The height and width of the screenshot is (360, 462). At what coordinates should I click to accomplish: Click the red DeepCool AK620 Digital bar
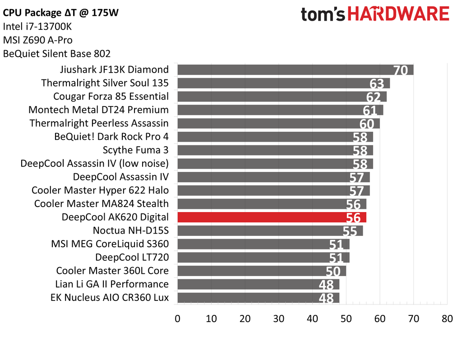[272, 217]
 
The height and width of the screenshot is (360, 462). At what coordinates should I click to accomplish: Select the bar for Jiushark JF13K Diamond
[295, 69]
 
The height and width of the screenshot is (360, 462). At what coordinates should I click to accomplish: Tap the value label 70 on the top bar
[400, 71]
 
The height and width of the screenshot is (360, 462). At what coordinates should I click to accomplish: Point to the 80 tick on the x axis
[447, 318]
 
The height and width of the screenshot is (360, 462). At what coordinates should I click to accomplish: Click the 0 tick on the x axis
[178, 318]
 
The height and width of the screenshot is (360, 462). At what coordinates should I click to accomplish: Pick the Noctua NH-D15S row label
[130, 231]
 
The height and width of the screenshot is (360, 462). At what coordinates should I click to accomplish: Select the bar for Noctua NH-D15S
[270, 231]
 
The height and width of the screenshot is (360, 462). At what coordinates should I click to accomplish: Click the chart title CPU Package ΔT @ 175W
[61, 13]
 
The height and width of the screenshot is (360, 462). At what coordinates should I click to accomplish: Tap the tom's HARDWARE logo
[375, 14]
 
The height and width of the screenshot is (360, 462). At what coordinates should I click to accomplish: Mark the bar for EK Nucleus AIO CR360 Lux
[258, 298]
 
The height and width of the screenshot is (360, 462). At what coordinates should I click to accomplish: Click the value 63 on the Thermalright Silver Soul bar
[376, 84]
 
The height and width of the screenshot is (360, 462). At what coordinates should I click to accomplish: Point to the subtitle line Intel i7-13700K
[37, 27]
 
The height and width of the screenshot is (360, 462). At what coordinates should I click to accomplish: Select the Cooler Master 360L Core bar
[262, 271]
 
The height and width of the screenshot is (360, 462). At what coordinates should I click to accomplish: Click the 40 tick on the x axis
[312, 318]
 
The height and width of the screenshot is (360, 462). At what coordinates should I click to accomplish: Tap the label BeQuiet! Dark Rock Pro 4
[111, 136]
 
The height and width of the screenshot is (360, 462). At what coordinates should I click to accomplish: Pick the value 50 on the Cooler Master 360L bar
[333, 272]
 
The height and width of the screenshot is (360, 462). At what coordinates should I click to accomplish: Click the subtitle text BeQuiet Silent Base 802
[56, 54]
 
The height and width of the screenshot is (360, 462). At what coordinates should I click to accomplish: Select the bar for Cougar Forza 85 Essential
[282, 96]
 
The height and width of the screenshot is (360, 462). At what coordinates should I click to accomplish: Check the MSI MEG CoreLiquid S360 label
[110, 244]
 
